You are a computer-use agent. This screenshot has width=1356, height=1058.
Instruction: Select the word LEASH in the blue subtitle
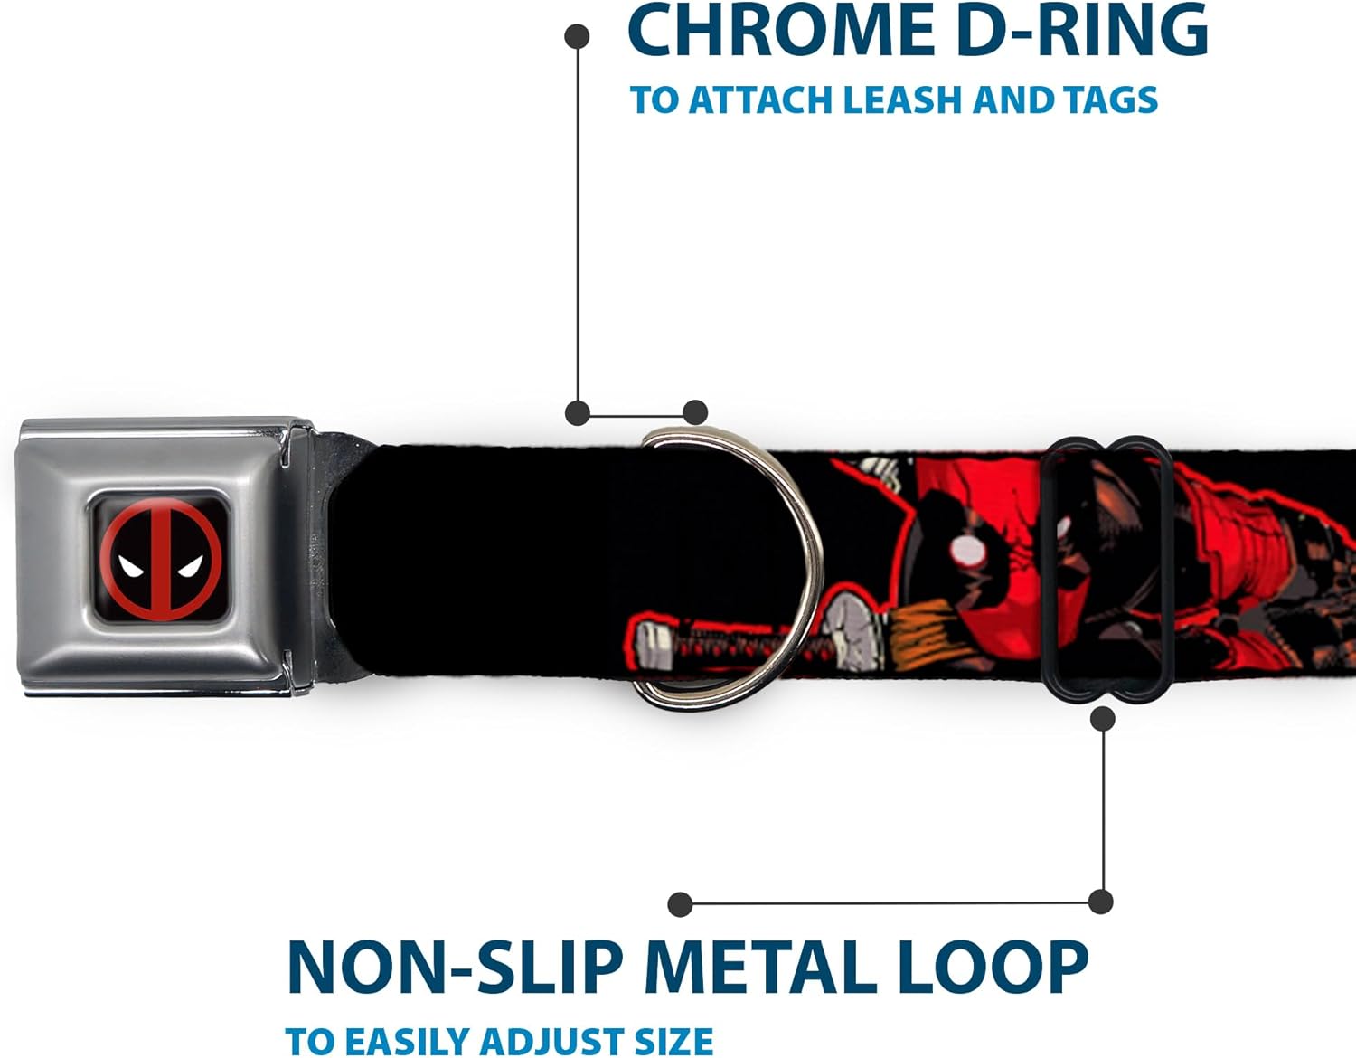point(904,99)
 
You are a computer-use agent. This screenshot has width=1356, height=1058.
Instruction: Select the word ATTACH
point(761,99)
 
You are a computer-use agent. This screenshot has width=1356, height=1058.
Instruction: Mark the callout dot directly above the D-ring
point(694,412)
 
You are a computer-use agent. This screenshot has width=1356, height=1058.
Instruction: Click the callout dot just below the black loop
point(1102,719)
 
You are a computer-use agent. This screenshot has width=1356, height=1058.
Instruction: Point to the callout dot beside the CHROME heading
point(577,36)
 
